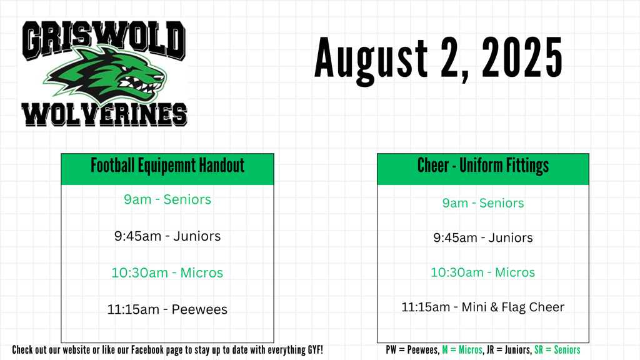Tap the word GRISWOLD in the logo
coord(104,40)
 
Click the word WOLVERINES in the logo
coord(104,115)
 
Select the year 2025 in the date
coord(522,57)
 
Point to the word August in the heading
coord(371,60)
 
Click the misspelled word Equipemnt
coord(161,165)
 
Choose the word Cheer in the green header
coord(434,165)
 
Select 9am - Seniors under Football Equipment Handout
coord(167,199)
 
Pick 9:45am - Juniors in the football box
coord(167,236)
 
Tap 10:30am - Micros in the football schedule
coord(167,272)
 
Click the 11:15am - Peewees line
coord(167,309)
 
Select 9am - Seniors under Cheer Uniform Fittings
coord(483,203)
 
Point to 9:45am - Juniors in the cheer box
coord(483,237)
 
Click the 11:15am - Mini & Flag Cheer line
coord(483,307)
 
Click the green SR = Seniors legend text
coord(557,350)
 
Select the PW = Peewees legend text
coord(412,350)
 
